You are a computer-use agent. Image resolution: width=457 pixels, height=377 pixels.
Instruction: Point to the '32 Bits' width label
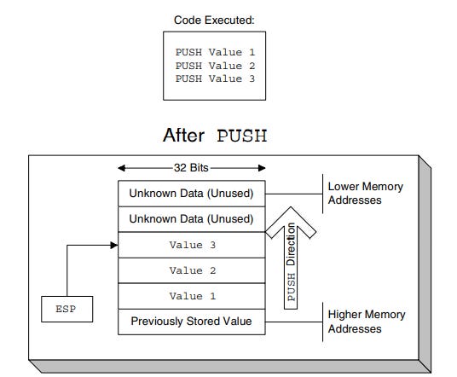click(191, 168)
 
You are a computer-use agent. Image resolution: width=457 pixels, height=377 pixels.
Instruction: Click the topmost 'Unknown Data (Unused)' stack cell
click(191, 193)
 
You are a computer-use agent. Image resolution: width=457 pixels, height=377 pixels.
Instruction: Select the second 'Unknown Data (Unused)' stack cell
click(191, 219)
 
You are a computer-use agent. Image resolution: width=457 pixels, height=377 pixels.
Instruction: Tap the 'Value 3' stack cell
click(191, 246)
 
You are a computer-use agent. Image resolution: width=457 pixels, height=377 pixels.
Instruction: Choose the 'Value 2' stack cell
click(191, 271)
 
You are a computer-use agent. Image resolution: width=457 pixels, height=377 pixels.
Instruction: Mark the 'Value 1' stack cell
click(191, 297)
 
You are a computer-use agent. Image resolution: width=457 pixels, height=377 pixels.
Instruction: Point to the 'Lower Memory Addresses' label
click(365, 193)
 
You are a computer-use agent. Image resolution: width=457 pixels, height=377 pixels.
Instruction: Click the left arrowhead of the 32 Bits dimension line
click(122, 168)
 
